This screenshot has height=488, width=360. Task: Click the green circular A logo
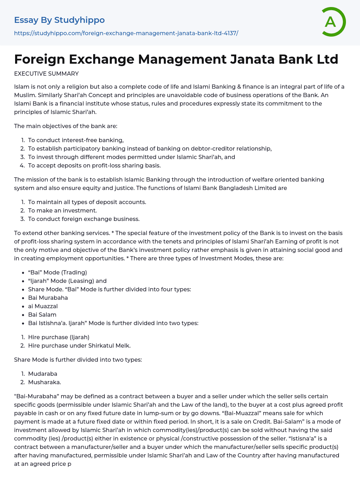(333, 22)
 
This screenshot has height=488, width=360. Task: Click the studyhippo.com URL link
(126, 33)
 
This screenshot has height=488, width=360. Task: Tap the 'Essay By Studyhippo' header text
(59, 20)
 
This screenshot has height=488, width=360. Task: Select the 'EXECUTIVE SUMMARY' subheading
(46, 74)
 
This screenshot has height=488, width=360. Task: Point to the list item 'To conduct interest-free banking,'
(76, 140)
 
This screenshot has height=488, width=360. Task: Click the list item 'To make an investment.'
(63, 210)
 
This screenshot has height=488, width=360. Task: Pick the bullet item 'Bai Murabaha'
(48, 298)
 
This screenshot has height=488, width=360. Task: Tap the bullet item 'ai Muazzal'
(43, 306)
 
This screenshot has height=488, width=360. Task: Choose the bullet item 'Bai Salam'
(42, 315)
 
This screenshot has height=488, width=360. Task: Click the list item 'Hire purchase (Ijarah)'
(59, 337)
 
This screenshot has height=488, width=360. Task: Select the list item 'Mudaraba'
(43, 374)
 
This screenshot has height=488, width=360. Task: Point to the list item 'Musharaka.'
(45, 382)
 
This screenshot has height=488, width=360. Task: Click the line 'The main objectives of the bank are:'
(66, 126)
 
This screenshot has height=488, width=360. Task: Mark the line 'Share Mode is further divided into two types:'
(78, 360)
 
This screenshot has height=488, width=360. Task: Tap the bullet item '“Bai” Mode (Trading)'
(57, 272)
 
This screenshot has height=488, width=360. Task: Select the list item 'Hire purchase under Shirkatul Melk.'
(79, 346)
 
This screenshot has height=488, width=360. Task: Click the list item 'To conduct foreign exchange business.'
(84, 219)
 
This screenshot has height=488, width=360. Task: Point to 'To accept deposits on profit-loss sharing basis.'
(94, 165)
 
